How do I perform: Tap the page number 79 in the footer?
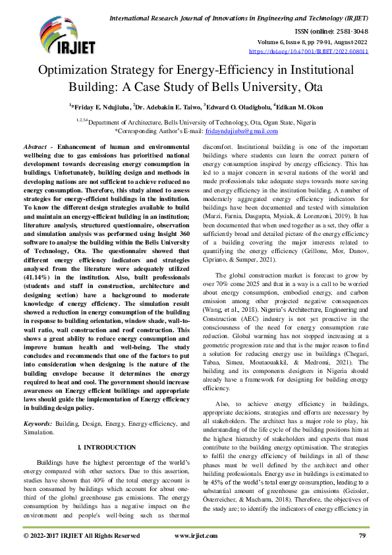pyautogui.click(x=362, y=536)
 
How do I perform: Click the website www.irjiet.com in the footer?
pyautogui.click(x=196, y=536)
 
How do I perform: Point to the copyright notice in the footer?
pyautogui.click(x=80, y=536)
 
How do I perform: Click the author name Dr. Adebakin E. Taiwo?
pyautogui.click(x=165, y=105)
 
